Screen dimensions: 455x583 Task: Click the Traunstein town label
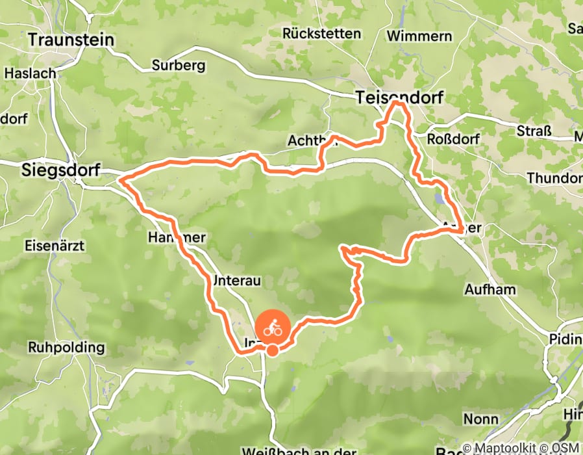coord(71,40)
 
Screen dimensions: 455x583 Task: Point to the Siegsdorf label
coord(60,170)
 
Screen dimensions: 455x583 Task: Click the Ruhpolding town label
coord(66,347)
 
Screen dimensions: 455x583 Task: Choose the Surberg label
coord(179,65)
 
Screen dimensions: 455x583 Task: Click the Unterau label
coord(236,280)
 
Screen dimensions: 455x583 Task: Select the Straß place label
coord(534,131)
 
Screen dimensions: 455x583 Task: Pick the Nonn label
coord(481,419)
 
